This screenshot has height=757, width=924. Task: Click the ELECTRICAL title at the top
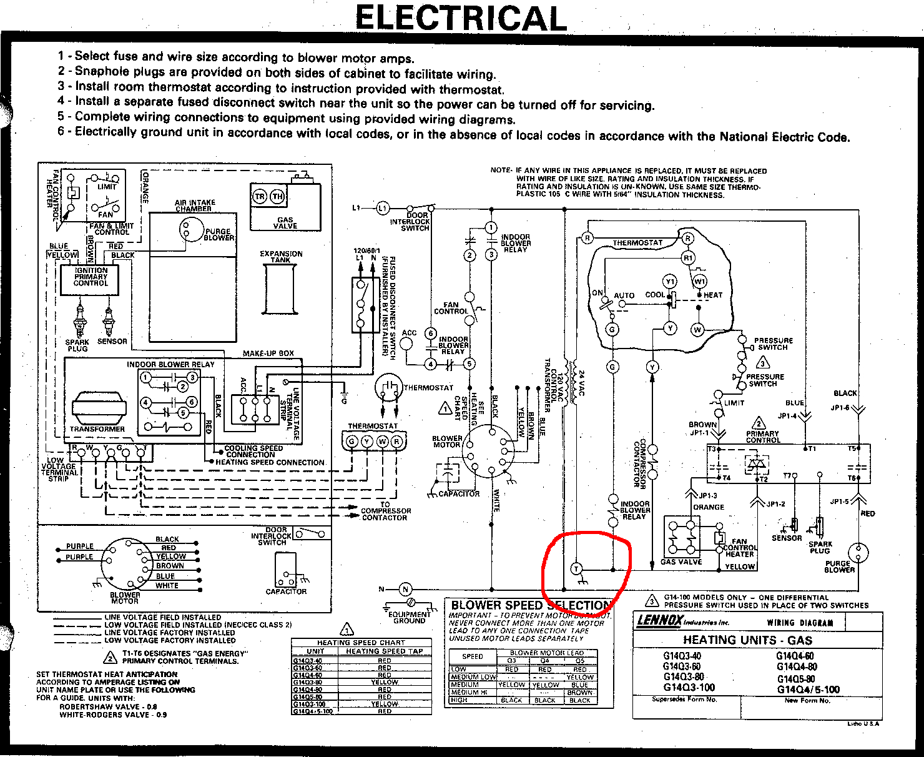[461, 18]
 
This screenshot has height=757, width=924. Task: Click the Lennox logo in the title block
[659, 621]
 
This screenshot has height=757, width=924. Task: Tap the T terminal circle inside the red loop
[576, 569]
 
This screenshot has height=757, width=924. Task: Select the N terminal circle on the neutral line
[405, 589]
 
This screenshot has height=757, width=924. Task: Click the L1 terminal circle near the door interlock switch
[382, 208]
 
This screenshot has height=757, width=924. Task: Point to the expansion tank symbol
[280, 290]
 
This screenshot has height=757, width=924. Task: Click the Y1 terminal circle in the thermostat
[670, 282]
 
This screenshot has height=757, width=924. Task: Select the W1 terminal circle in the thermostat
[700, 282]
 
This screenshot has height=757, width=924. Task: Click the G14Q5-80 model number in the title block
[796, 679]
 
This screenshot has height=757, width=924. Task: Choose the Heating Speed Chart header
[361, 642]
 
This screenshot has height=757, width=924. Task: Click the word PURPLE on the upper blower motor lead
[80, 546]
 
